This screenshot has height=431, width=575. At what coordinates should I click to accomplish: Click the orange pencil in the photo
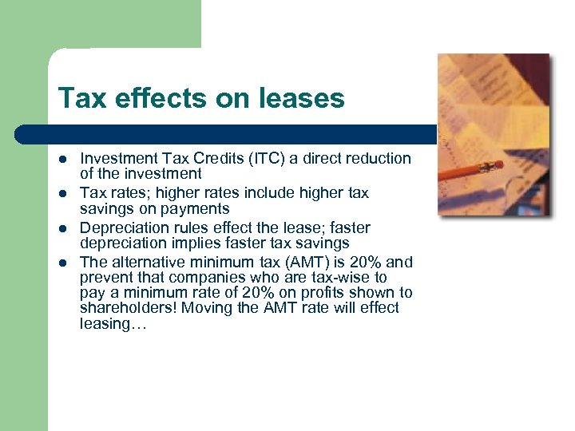(471, 170)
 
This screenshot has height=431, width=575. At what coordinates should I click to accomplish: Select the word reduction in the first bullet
(375, 158)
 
